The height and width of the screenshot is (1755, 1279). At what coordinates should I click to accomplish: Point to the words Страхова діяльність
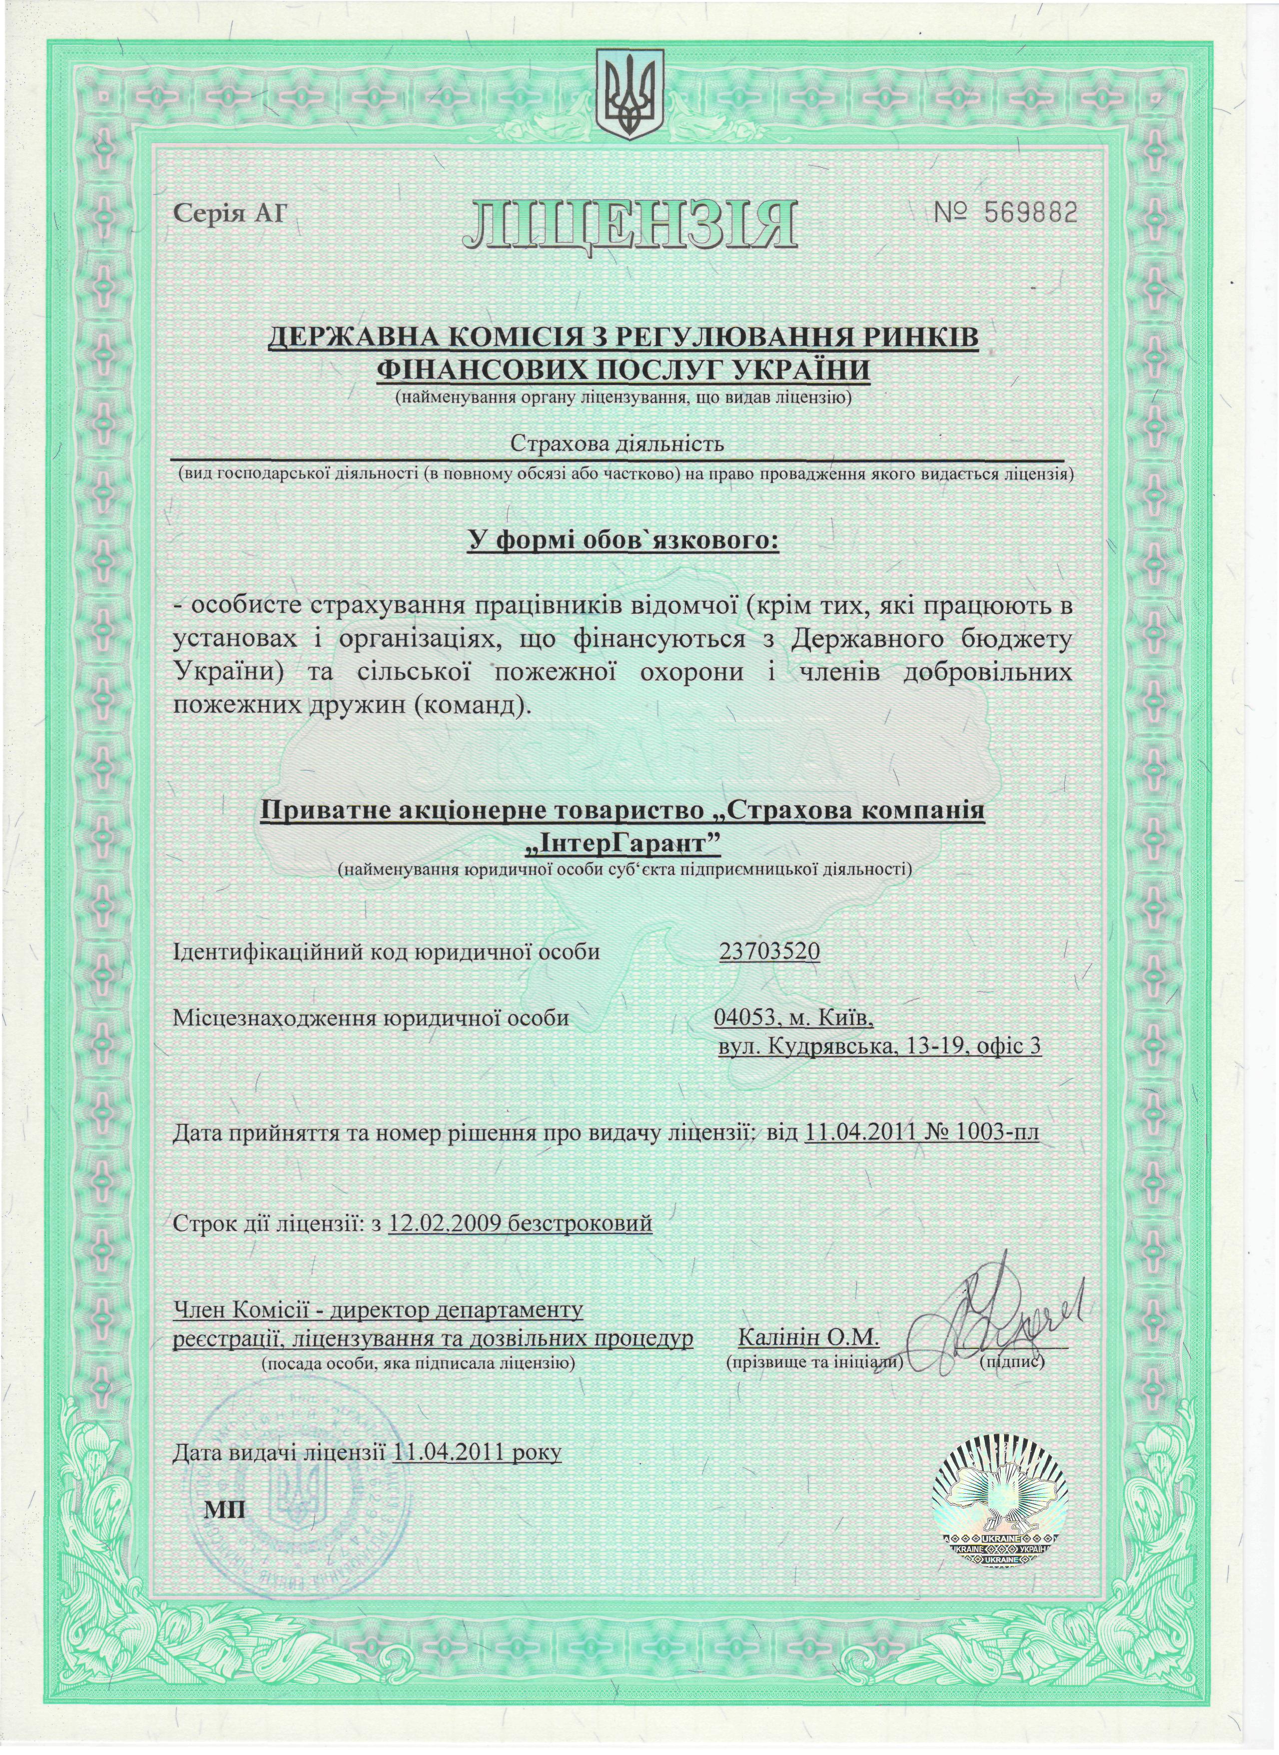pyautogui.click(x=617, y=444)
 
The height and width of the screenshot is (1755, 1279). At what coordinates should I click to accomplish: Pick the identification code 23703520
pyautogui.click(x=769, y=951)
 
